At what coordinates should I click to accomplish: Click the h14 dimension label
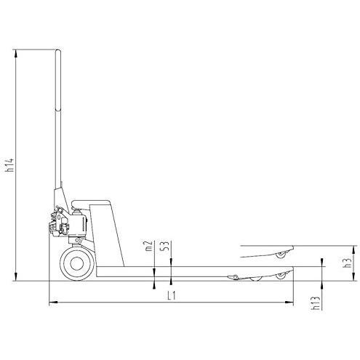pyautogui.click(x=10, y=165)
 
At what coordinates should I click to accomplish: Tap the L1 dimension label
pyautogui.click(x=172, y=295)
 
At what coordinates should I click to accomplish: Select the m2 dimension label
pyautogui.click(x=148, y=246)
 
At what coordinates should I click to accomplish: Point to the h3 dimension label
pyautogui.click(x=348, y=263)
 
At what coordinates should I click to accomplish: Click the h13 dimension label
pyautogui.click(x=316, y=303)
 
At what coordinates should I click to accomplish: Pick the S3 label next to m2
pyautogui.click(x=165, y=246)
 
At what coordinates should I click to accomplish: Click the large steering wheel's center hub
pyautogui.click(x=77, y=264)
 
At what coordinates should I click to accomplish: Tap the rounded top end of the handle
pyautogui.click(x=58, y=52)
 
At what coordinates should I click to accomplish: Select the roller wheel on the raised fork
pyautogui.click(x=281, y=255)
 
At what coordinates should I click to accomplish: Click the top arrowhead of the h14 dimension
pyautogui.click(x=16, y=53)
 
